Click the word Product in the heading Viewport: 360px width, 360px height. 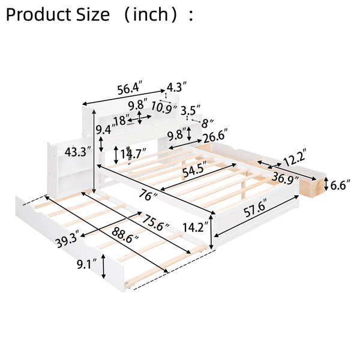coord(38,14)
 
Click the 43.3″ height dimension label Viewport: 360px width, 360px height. coord(78,152)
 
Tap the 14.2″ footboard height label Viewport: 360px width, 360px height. coord(196,227)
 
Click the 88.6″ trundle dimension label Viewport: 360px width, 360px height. coord(125,236)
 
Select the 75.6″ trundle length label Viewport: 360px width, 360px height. coord(155,223)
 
